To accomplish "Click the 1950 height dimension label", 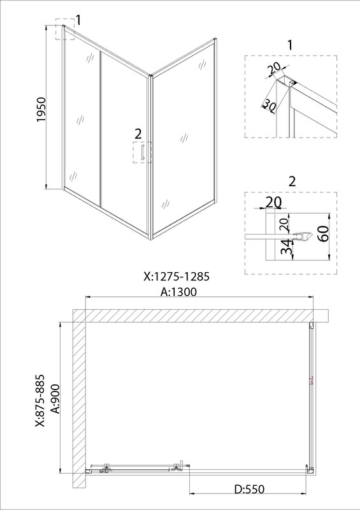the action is [42, 109].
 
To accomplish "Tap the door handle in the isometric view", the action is [143, 152].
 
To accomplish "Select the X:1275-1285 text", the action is [176, 277].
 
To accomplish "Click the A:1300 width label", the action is [179, 292].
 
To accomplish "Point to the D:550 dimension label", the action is [249, 489].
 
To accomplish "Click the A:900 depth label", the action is [56, 398].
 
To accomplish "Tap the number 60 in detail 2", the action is [323, 233].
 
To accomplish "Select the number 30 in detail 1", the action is [270, 105].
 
